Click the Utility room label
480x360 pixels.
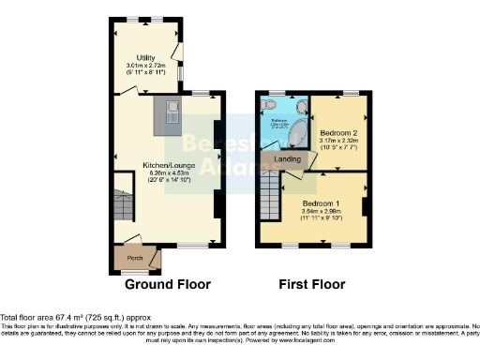pyautogui.click(x=144, y=57)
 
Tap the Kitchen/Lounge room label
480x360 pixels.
pyautogui.click(x=167, y=164)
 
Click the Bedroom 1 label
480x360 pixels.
pyautogui.click(x=322, y=202)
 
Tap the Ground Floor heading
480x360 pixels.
pyautogui.click(x=167, y=284)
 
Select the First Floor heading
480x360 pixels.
pyautogui.click(x=313, y=284)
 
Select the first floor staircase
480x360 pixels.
pyautogui.click(x=270, y=197)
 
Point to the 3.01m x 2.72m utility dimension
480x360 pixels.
pyautogui.click(x=144, y=66)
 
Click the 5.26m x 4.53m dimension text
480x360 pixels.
pyautogui.click(x=167, y=172)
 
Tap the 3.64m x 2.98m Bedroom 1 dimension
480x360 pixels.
pyautogui.click(x=322, y=212)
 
